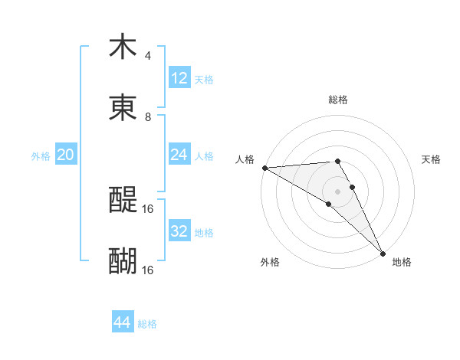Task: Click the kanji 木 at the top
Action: click(x=123, y=47)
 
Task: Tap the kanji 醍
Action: click(x=123, y=201)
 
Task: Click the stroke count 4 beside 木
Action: click(x=147, y=56)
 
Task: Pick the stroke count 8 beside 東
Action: click(x=147, y=117)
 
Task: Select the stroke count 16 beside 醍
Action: click(x=148, y=208)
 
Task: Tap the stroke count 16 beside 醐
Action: click(x=148, y=270)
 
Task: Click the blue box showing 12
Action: click(x=179, y=78)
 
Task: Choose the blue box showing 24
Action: click(x=179, y=155)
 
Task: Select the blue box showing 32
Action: click(x=179, y=231)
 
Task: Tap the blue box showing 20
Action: click(x=66, y=155)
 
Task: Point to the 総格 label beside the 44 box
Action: click(x=147, y=324)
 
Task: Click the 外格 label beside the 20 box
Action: click(x=41, y=156)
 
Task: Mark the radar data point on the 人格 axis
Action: click(x=264, y=168)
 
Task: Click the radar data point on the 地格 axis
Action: click(x=382, y=252)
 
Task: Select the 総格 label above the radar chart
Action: click(x=338, y=100)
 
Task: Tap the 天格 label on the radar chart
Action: click(x=432, y=159)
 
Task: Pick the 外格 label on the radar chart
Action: click(x=270, y=263)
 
